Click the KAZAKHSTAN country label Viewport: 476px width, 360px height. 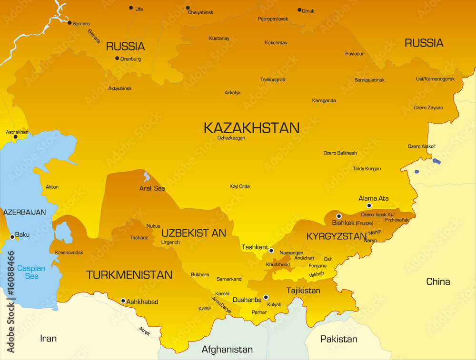pos(251,128)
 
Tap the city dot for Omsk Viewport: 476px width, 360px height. pos(299,10)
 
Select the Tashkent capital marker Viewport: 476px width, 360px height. pos(271,251)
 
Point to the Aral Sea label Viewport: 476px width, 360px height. pos(152,189)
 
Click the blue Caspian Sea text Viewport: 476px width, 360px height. pos(31,272)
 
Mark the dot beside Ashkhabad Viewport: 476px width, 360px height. pos(123,301)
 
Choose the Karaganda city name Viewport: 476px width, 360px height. pos(324,101)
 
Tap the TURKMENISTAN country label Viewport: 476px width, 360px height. pos(129,275)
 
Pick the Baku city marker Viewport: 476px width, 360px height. pos(12,237)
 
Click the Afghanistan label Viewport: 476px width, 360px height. pos(227,350)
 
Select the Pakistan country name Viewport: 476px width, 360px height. pos(338,339)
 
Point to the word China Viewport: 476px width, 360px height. pos(438,282)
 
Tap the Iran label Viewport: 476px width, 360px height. pos(48,339)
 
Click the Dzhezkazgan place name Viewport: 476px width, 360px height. pos(231,138)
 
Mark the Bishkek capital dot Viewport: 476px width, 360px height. pos(339,216)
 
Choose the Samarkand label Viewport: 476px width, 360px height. pos(229,279)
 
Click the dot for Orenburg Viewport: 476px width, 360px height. pos(117,58)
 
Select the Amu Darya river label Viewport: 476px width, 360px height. pos(221,305)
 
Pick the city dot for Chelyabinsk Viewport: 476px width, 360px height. pos(188,8)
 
